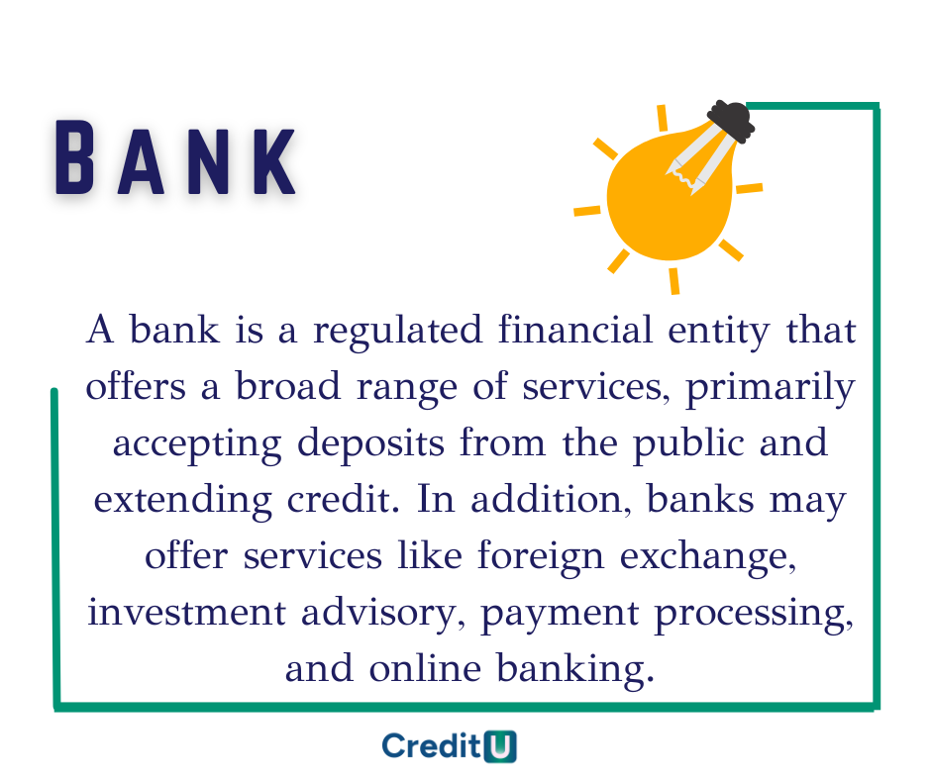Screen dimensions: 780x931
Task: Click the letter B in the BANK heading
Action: coord(75,156)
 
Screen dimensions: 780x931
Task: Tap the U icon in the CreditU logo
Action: coord(501,745)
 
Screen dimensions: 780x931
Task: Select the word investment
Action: coord(196,613)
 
